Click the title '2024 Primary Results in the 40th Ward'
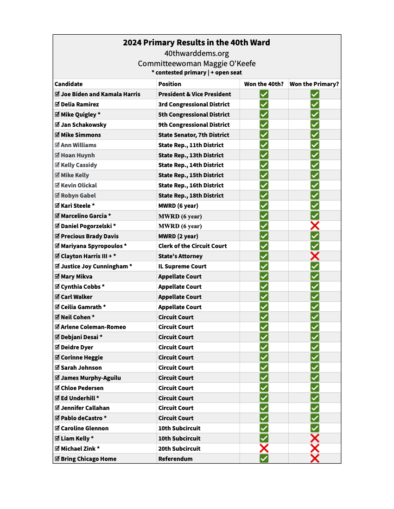coord(197,43)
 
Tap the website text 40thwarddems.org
coord(197,54)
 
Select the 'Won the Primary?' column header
coord(314,84)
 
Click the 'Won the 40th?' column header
coord(264,84)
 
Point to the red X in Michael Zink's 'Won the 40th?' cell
coord(264,448)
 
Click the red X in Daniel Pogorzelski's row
coord(315,226)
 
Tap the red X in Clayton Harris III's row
coord(315,256)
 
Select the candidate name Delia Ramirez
coord(80,104)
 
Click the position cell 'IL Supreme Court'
coord(182,266)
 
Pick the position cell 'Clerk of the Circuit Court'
coord(192,246)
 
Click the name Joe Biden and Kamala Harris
coord(100,94)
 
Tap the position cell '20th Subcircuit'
coord(179,448)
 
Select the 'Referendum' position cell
coord(175,459)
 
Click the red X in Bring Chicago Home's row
coord(315,459)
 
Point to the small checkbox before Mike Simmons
coord(57,135)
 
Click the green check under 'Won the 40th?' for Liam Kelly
coord(264,438)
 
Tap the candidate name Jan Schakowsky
coord(83,124)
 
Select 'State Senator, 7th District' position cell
coord(193,135)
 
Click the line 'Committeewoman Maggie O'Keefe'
coord(197,64)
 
